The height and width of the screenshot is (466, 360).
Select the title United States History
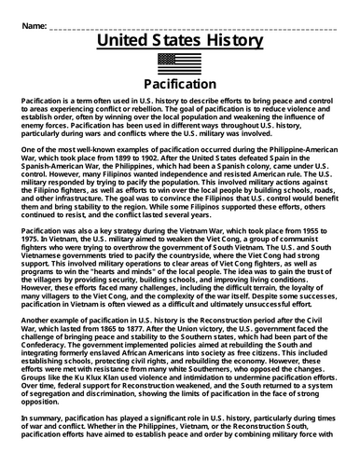179,42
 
